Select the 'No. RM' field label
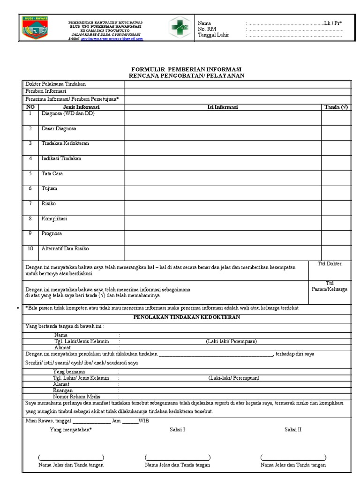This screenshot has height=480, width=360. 208,29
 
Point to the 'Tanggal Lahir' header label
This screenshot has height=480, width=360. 214,35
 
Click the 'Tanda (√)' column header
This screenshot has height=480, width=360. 336,107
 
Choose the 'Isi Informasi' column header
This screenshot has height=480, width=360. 223,107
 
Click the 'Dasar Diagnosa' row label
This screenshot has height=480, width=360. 59,128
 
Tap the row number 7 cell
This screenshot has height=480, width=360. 30,203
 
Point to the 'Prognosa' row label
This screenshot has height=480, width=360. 52,233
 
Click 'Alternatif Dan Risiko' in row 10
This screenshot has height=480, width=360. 65,248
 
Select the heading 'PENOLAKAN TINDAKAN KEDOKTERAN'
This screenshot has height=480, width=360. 187,317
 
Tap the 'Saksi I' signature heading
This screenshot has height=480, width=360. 177,429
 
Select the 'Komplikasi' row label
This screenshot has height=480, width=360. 54,218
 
